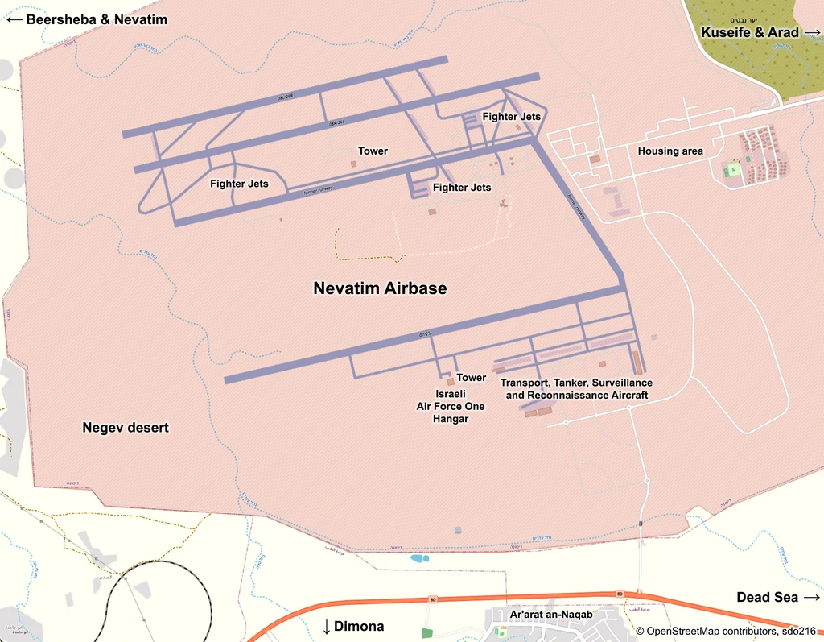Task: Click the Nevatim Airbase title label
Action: [380, 288]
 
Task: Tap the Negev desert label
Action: [126, 427]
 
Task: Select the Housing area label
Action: [670, 151]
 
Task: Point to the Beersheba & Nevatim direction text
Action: [97, 19]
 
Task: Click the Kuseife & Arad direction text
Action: [750, 32]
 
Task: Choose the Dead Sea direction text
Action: [768, 597]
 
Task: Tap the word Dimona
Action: [359, 626]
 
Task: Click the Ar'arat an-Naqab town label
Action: [551, 615]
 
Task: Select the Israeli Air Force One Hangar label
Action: [451, 406]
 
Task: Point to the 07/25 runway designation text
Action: [426, 333]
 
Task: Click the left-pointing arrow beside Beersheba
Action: [14, 19]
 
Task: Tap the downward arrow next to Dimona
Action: [327, 627]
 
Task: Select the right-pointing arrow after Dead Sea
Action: [810, 597]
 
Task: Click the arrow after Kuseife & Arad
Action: [811, 32]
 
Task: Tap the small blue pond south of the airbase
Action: [418, 557]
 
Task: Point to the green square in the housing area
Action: [732, 170]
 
